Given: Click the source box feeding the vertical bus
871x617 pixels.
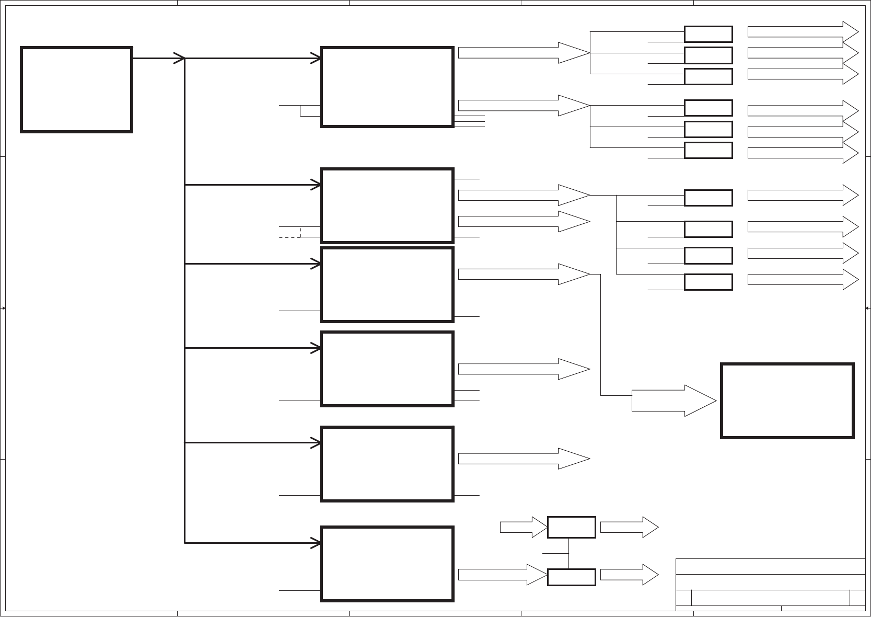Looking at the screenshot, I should click(x=76, y=89).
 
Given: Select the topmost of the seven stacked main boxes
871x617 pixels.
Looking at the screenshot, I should click(x=387, y=87).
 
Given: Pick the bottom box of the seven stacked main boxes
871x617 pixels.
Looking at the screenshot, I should click(x=387, y=564).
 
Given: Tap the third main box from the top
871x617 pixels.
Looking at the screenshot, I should click(x=387, y=284).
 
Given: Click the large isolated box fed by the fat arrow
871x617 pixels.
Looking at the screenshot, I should click(x=787, y=401).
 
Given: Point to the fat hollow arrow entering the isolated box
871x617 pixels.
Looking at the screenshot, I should click(x=674, y=401).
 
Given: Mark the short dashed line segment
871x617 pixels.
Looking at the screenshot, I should click(x=290, y=238).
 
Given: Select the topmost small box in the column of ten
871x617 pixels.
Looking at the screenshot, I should click(x=708, y=34).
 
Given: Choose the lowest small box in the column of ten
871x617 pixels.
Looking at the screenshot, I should click(x=708, y=282).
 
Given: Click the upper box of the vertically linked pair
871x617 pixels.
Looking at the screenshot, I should click(x=571, y=527).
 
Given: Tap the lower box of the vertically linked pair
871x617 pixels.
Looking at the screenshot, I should click(x=571, y=577).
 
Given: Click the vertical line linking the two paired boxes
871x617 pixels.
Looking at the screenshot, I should click(x=568, y=553).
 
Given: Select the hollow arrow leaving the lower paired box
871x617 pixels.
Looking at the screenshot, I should click(x=629, y=575).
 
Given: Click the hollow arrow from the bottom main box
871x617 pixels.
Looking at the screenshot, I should click(x=502, y=575).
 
